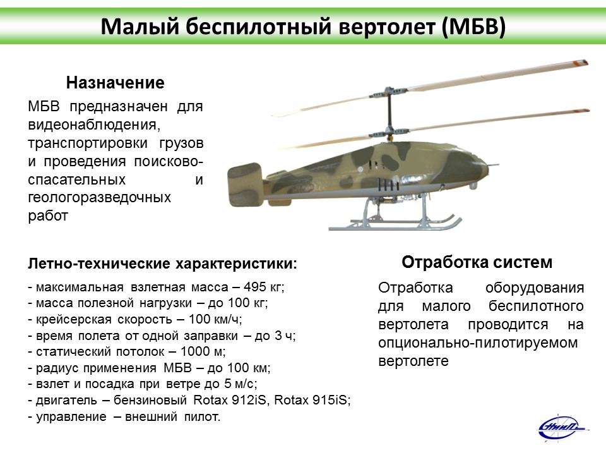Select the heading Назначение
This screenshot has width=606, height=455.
115,83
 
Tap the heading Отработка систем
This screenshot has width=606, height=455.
477,262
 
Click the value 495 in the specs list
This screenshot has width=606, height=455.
255,287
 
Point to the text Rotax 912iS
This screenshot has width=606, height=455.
230,399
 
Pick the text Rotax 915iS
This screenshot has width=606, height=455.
311,399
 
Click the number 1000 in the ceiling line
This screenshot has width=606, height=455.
195,351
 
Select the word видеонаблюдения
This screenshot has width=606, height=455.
94,124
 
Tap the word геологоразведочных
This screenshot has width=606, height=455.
99,197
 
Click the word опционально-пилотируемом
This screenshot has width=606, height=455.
478,343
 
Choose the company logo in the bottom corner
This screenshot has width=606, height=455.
562,428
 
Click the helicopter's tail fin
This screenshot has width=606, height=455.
245,185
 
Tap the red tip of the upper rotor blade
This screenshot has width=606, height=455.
581,63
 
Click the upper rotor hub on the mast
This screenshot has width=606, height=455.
389,94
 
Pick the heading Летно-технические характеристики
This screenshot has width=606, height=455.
162,264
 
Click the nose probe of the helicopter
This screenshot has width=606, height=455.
494,165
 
